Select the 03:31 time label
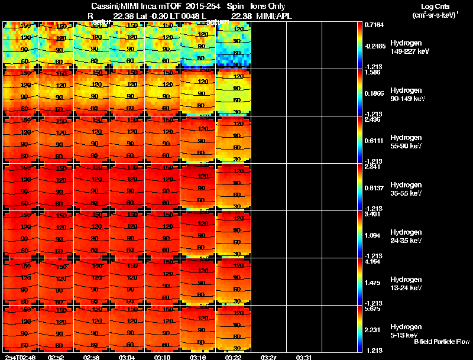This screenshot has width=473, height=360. (304, 356)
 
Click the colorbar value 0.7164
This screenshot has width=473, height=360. (374, 25)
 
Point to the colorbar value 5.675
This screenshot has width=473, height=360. (372, 309)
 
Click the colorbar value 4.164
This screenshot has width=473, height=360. (372, 261)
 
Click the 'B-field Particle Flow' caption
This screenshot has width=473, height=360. (441, 342)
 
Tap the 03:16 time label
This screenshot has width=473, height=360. (197, 356)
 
